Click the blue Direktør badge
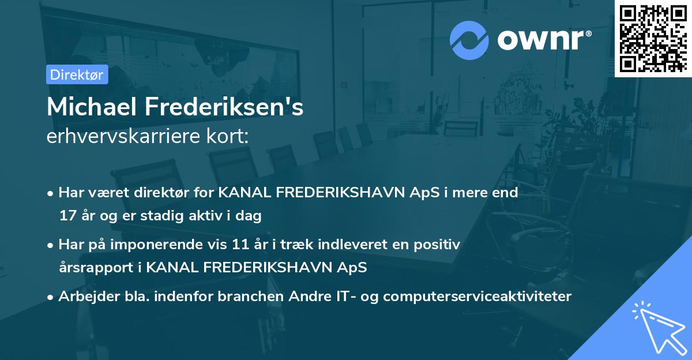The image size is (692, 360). pyautogui.click(x=77, y=74)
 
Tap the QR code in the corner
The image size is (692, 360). pyautogui.click(x=653, y=38)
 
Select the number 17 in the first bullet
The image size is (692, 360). pyautogui.click(x=67, y=216)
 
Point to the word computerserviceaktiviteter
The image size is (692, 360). pyautogui.click(x=477, y=297)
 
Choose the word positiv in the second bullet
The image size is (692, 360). pyautogui.click(x=440, y=244)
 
